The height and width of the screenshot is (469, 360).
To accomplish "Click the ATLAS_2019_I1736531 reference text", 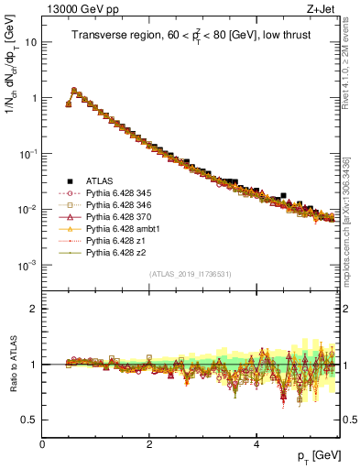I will (x=191, y=274).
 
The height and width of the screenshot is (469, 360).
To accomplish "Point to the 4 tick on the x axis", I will (x=256, y=443).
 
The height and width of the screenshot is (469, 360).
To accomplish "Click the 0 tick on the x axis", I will (x=43, y=443).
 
